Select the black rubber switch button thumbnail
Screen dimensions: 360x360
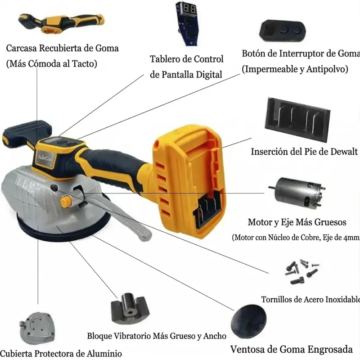[x=283, y=31]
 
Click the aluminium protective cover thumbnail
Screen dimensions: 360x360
[x=37, y=328]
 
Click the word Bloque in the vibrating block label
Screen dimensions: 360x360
[x=99, y=336]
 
